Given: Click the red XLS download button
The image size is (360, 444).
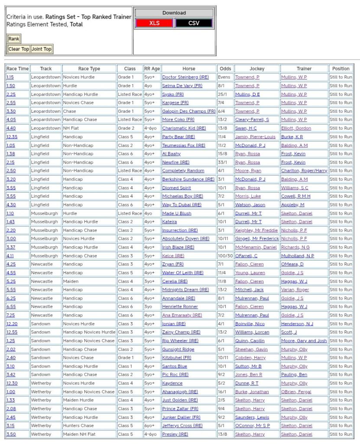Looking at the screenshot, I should click(x=155, y=23).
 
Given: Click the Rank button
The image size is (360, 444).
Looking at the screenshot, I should click(x=14, y=39).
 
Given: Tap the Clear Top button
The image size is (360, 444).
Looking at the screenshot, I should click(x=19, y=49).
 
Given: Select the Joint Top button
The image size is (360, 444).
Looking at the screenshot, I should click(x=42, y=49).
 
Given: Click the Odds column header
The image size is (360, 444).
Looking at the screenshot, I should click(x=225, y=69).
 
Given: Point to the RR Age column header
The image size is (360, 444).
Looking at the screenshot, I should click(x=152, y=69).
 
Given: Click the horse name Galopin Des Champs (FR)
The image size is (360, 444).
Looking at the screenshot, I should click(x=188, y=111).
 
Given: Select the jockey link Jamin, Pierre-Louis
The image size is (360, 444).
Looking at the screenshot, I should click(x=255, y=137).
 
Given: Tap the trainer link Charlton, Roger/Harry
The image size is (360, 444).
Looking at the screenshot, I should click(x=304, y=171).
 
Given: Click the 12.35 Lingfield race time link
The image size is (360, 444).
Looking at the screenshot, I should click(x=12, y=137).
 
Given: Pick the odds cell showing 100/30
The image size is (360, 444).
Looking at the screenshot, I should click(x=225, y=256).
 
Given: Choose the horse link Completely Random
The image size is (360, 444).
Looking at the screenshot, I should click(x=183, y=171).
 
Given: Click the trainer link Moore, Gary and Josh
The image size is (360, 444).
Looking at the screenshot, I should click(x=304, y=341).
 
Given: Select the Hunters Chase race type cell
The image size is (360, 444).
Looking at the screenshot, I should click(x=78, y=426).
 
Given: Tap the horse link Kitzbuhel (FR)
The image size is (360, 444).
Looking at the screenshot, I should click(x=177, y=358).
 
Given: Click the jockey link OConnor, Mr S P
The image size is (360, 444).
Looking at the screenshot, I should click(x=253, y=426).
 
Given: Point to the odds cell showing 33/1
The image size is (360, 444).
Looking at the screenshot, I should click(x=223, y=162).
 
